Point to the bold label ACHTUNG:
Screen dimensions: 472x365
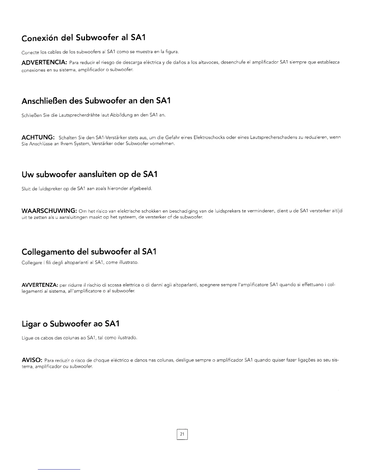click(x=38, y=137)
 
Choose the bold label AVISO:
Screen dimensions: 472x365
click(x=33, y=360)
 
